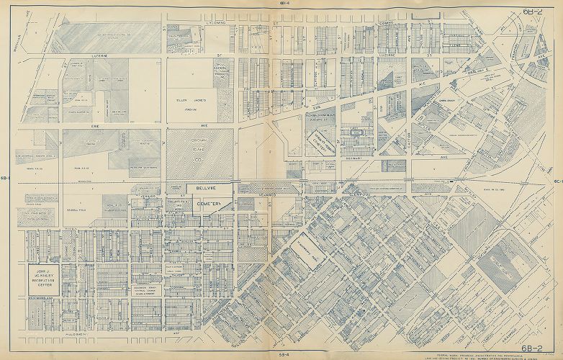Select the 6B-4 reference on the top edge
284,4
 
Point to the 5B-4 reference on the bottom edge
284,354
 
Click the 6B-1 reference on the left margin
6,179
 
